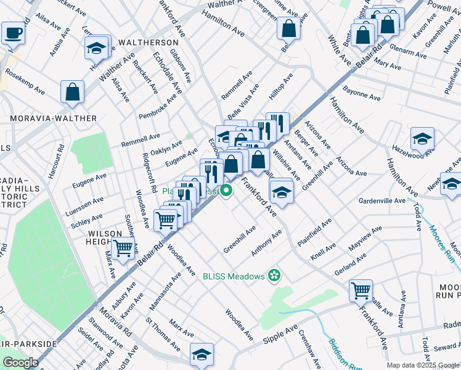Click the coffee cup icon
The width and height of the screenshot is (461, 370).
[12, 32]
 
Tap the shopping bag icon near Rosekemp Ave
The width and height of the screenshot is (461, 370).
[72, 92]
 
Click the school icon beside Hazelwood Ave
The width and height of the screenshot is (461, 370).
[422, 139]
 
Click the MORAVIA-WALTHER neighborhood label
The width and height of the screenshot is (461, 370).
[52, 118]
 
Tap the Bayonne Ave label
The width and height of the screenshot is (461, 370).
[362, 96]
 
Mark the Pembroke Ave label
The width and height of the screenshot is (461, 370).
[158, 104]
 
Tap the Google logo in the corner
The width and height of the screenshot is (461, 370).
[20, 363]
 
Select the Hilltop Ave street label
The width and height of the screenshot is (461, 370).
[280, 89]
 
